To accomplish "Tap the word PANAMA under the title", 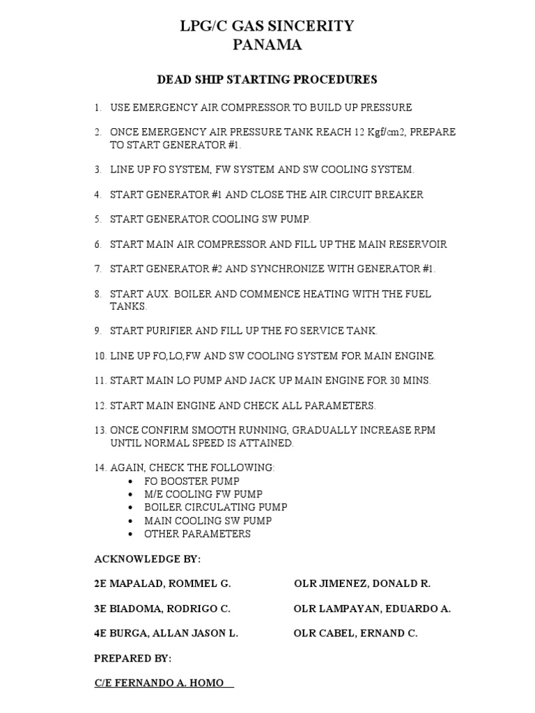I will [x=267, y=45].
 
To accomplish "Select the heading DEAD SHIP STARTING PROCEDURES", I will [x=267, y=79].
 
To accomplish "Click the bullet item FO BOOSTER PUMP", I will [x=192, y=481].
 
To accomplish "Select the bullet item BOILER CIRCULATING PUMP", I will [x=215, y=508].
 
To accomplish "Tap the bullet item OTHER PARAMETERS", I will [x=197, y=534].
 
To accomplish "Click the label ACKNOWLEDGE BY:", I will [x=148, y=559].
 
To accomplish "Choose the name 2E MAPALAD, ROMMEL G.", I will [x=162, y=583].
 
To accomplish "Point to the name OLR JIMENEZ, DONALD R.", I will [x=362, y=583].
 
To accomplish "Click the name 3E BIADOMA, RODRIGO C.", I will [x=162, y=609].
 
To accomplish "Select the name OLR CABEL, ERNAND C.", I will [x=356, y=634].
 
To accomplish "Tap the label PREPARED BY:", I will [x=132, y=658].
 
